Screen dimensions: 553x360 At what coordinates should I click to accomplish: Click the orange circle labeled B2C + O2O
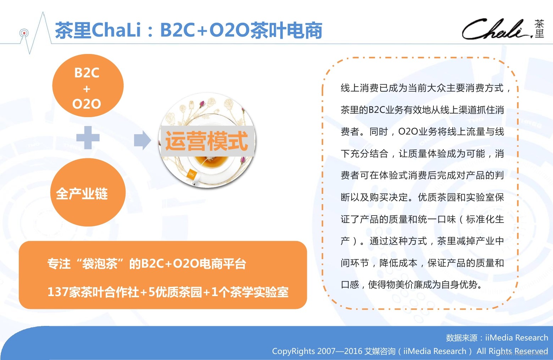coord(88,86)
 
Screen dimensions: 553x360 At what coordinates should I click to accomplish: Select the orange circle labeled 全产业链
coord(88,192)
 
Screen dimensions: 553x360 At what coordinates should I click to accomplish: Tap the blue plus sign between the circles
coord(88,138)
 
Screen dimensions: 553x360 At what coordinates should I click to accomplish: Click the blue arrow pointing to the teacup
coord(143,140)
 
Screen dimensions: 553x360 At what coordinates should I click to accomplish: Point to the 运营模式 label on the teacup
coord(207,141)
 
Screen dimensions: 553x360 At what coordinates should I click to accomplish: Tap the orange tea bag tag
coord(192,175)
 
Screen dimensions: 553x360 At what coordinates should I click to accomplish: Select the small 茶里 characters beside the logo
coord(540,29)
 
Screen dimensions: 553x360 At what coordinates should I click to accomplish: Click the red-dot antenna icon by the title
coord(24,33)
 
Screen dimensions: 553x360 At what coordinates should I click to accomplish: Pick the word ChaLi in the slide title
coord(117,30)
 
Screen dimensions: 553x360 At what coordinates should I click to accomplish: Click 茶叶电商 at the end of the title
coord(286,30)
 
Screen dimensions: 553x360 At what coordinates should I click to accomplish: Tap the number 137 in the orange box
coord(58,292)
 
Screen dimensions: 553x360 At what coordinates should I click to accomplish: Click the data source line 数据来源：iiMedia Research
coord(497,338)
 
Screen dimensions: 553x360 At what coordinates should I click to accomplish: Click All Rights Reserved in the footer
coord(512,351)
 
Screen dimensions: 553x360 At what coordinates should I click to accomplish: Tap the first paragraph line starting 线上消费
coord(425,88)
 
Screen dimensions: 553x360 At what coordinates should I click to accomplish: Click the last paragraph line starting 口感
coord(411,285)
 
